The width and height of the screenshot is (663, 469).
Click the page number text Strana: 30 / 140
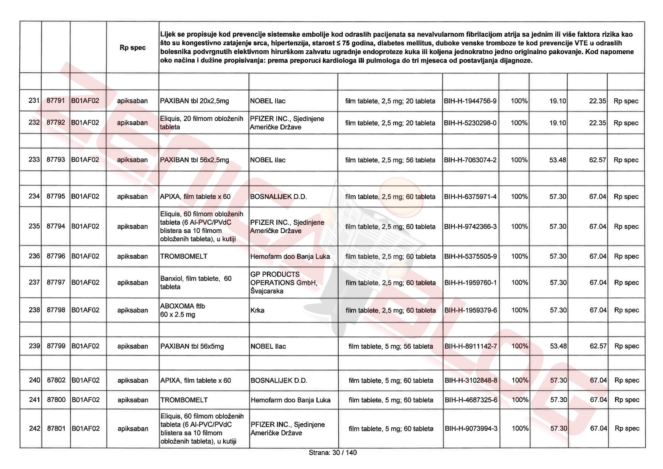click(333, 452)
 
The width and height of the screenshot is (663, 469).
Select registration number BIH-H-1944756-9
click(470, 101)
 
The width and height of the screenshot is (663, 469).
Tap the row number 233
click(34, 160)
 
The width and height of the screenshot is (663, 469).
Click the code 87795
click(56, 196)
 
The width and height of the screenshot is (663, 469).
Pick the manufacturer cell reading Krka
click(257, 310)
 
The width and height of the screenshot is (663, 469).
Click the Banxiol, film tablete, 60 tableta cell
click(196, 283)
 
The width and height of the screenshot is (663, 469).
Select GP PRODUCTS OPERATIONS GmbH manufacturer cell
click(283, 283)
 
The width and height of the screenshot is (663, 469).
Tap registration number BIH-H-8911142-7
click(471, 346)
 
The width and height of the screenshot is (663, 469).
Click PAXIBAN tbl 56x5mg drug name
click(192, 346)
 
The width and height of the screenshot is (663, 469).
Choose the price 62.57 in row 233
click(597, 160)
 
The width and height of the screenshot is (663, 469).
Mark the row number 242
click(34, 429)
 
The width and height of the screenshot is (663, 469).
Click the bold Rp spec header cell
click(132, 48)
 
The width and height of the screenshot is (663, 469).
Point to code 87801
click(56, 429)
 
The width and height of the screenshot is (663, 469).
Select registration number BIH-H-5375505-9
click(471, 256)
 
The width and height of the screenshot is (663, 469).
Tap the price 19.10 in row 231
click(558, 101)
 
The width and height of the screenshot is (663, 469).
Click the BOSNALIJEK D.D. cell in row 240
click(279, 380)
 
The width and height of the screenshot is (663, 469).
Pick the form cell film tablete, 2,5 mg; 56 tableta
click(390, 160)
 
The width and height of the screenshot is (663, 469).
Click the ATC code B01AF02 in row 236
click(85, 256)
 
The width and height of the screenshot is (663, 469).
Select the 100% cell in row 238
click(519, 310)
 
